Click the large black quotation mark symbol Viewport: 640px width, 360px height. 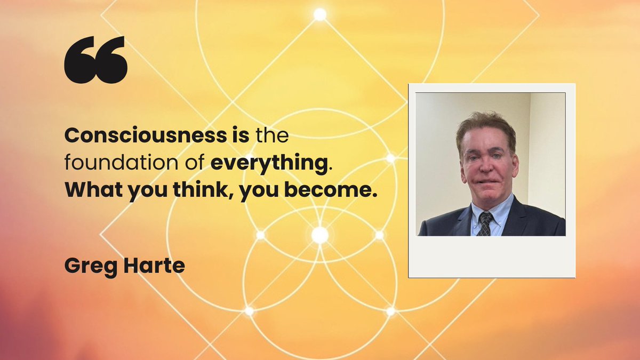click(95, 59)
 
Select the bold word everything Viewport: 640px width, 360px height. click(268, 164)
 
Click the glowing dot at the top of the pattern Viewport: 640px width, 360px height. click(320, 14)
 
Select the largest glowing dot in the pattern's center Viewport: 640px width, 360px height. click(320, 235)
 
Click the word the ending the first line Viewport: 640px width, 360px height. click(271, 136)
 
